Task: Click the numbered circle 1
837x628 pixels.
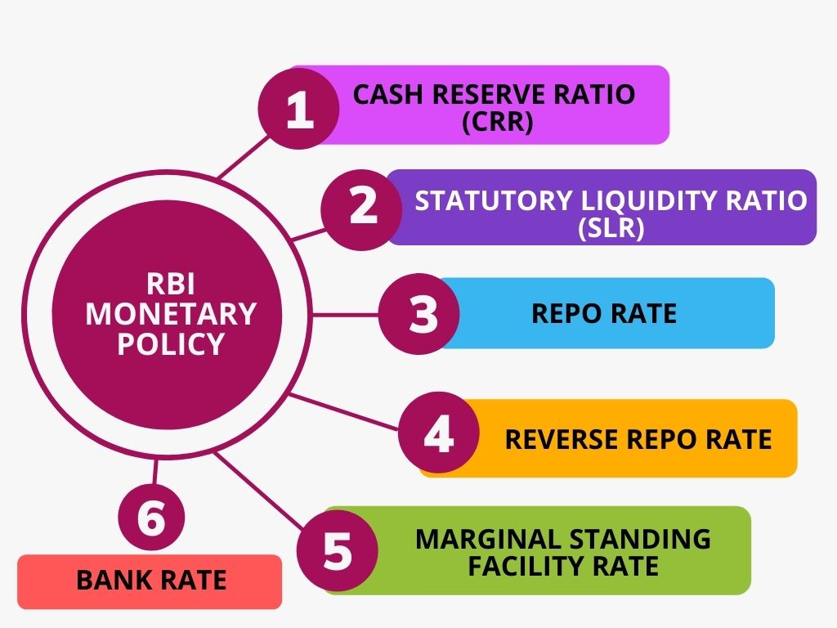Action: coord(299,110)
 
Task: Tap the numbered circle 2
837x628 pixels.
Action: coord(362,207)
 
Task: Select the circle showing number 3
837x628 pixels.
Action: coord(422,312)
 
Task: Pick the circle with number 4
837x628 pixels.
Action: coord(438,433)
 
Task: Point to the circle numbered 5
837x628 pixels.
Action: coord(336,550)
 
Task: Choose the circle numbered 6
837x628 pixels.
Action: coord(151,518)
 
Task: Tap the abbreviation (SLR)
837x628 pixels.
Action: coord(611,228)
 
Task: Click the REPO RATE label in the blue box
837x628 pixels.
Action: coord(604,313)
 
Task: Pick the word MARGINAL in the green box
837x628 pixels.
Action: coord(475,539)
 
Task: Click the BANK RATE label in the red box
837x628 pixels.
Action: coord(150,581)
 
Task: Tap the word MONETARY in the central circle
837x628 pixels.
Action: coord(171,313)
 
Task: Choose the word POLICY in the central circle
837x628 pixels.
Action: coord(170,343)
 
